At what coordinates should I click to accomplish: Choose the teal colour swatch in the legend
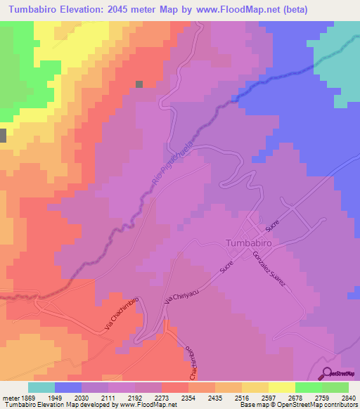click(x=41, y=387)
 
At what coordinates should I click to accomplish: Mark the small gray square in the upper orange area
click(x=139, y=84)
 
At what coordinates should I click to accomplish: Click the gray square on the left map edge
click(x=3, y=136)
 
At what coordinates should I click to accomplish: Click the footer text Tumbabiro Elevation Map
click(x=37, y=405)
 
